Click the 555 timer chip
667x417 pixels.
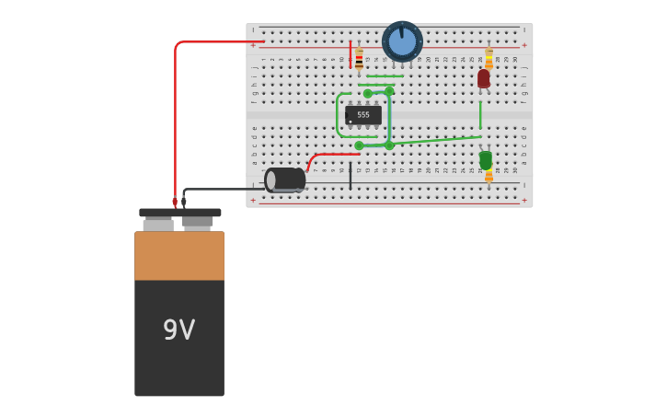tap(363, 115)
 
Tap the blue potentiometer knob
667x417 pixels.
tap(402, 41)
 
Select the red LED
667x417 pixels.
tap(484, 79)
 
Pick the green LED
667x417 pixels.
tap(486, 159)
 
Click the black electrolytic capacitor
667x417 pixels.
tap(285, 180)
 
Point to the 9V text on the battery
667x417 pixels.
tap(178, 330)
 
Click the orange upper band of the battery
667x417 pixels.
tap(179, 255)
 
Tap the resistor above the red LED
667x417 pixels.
tap(489, 57)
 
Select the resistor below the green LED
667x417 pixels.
tap(489, 175)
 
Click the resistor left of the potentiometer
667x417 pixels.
tap(359, 59)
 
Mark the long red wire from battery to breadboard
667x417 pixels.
tap(175, 120)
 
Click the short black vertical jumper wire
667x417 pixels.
tap(350, 177)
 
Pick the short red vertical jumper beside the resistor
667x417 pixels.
tap(351, 53)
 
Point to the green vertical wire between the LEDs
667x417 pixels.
tap(480, 115)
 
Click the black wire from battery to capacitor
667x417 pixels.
tap(221, 190)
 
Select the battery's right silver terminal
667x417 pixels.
tap(197, 222)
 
